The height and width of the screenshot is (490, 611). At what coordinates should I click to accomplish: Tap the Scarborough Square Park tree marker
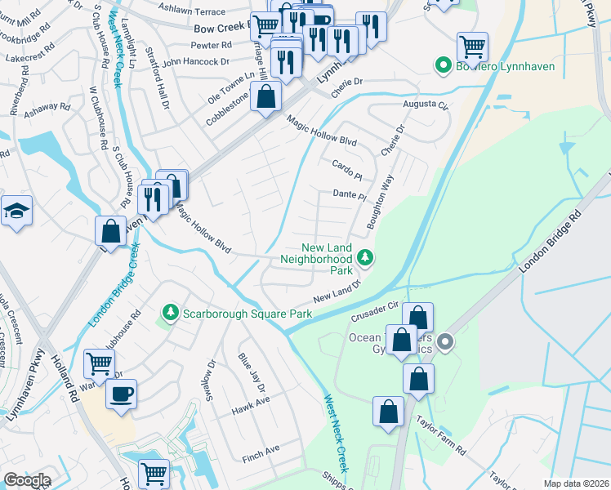tap(170, 313)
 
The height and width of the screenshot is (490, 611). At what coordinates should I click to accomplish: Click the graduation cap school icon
tap(17, 212)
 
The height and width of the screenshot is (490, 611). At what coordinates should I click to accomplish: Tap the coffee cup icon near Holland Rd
tap(121, 394)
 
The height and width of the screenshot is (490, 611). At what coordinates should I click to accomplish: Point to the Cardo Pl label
tap(346, 169)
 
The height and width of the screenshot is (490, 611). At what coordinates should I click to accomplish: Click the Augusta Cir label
tap(426, 105)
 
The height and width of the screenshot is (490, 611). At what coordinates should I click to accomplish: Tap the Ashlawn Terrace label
tap(191, 12)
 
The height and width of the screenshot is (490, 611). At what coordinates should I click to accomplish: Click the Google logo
tap(27, 480)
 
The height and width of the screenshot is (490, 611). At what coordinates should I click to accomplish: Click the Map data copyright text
tap(575, 483)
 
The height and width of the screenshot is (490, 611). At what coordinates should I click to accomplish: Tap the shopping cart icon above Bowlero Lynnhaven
tap(472, 46)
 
